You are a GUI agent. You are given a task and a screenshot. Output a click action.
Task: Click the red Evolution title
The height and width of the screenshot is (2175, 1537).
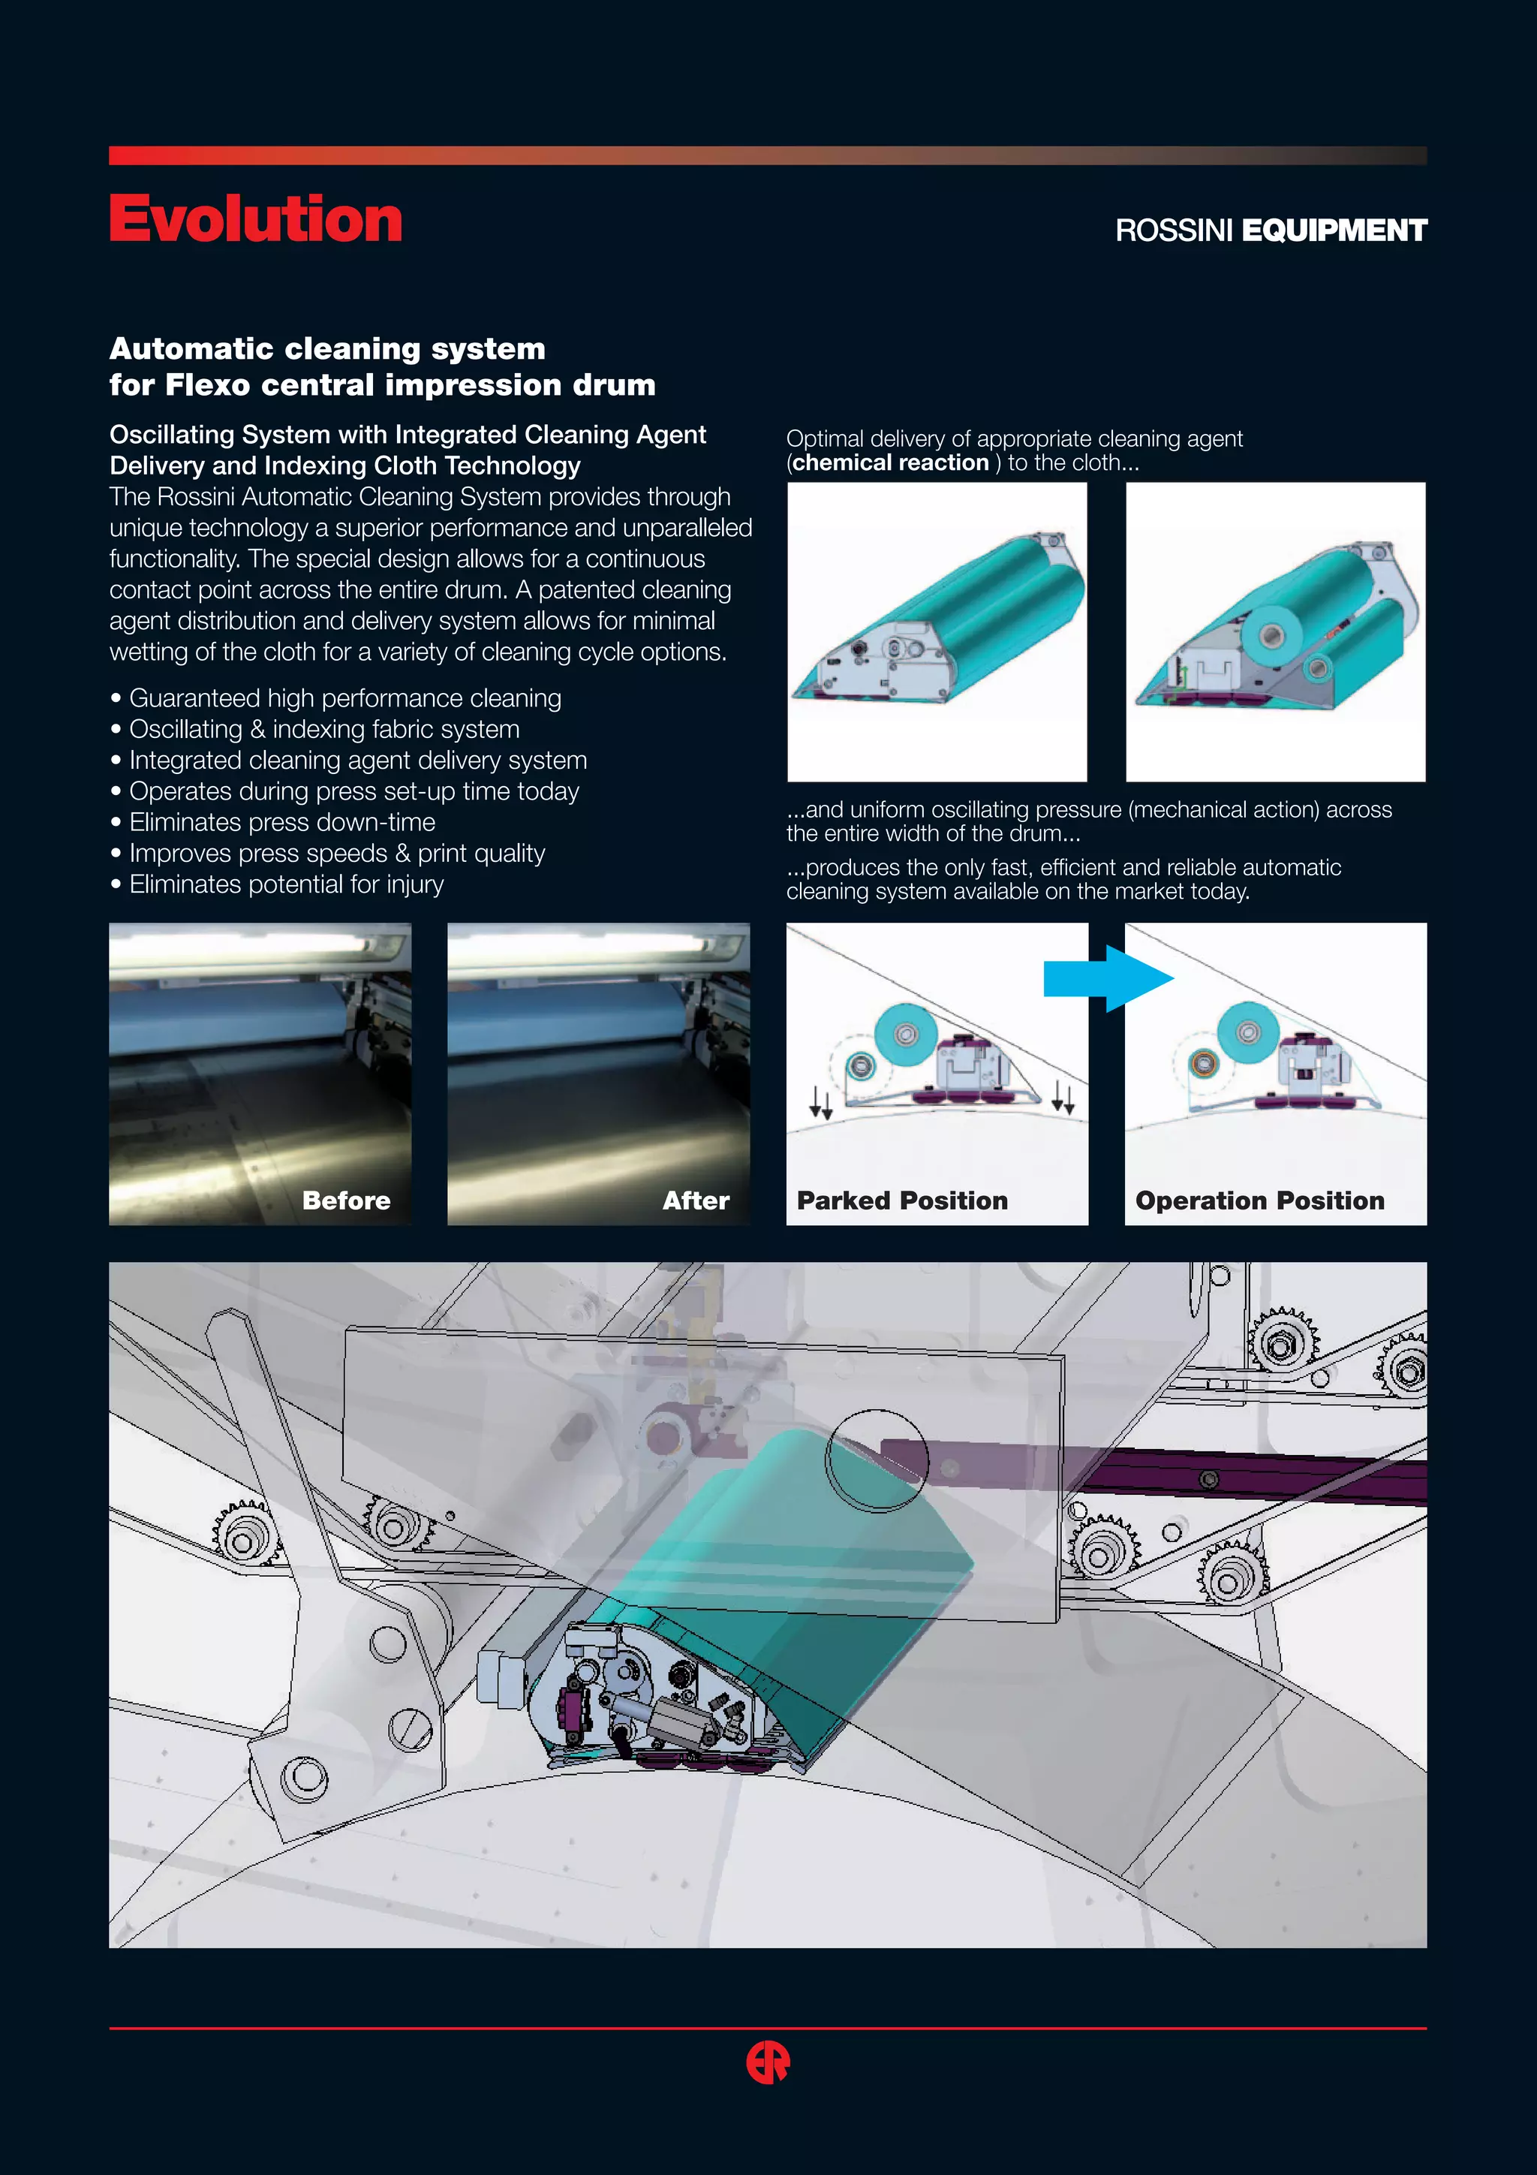click(256, 220)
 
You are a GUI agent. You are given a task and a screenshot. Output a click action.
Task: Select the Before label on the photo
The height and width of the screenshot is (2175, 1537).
click(346, 1200)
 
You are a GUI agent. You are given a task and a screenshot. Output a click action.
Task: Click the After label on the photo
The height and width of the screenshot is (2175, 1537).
click(695, 1200)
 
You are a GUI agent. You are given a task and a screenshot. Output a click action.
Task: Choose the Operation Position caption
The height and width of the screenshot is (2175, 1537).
click(1259, 1200)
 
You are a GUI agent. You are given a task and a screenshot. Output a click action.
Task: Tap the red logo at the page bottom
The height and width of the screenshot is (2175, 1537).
click(768, 2062)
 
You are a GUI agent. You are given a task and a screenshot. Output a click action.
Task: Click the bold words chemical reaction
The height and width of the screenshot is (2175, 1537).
click(890, 462)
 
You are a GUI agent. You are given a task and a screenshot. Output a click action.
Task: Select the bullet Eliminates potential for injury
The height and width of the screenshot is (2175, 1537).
click(286, 884)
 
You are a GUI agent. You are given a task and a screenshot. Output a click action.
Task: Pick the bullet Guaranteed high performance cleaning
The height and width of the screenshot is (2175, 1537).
click(344, 698)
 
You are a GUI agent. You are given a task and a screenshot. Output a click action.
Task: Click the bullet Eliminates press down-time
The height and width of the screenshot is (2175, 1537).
click(282, 822)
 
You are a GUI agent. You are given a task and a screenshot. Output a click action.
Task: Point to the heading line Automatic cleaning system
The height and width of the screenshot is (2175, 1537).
click(328, 348)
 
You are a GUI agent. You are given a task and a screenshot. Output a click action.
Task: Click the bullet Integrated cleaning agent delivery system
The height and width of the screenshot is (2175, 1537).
click(358, 760)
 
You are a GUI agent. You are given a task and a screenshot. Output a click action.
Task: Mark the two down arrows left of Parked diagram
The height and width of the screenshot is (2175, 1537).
click(820, 1101)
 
